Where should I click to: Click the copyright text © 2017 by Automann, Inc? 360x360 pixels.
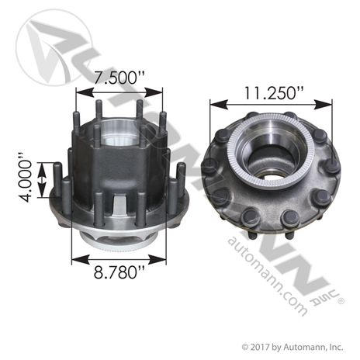pyautogui.click(x=291, y=345)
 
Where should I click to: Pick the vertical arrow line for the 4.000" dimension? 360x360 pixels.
pyautogui.click(x=56, y=181)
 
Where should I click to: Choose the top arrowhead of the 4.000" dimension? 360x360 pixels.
pyautogui.click(x=56, y=164)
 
